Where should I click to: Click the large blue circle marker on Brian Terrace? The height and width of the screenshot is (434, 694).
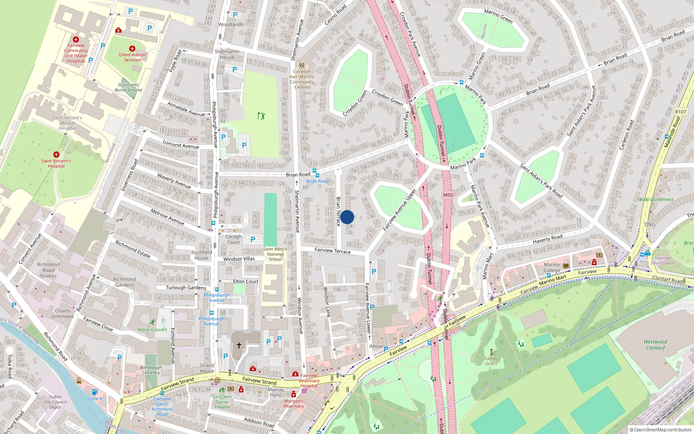pyautogui.click(x=347, y=217)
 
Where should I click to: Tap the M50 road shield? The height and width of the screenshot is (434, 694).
pyautogui.click(x=448, y=195)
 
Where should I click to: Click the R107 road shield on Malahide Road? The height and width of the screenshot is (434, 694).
pyautogui.click(x=681, y=112)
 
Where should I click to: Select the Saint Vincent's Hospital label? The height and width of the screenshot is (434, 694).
pyautogui.click(x=56, y=163)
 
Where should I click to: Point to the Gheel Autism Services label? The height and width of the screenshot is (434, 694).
pyautogui.click(x=132, y=57)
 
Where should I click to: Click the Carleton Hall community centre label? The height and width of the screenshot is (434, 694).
pyautogui.click(x=302, y=79)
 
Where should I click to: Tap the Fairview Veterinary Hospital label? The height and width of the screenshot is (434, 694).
pyautogui.click(x=309, y=381)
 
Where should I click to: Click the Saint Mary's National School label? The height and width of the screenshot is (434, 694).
pyautogui.click(x=275, y=254)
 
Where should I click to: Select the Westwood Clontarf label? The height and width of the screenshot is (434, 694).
pyautogui.click(x=655, y=345)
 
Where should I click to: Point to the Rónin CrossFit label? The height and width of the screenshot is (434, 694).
pyautogui.click(x=153, y=329)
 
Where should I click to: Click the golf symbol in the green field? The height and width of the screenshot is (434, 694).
pyautogui.click(x=261, y=116)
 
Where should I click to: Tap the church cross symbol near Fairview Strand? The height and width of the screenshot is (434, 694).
pyautogui.click(x=239, y=345)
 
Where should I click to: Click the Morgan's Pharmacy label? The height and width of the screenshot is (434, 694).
pyautogui.click(x=294, y=404)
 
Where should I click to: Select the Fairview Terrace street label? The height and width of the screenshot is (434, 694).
pyautogui.click(x=332, y=251)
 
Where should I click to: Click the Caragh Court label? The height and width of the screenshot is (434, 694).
pyautogui.click(x=233, y=239)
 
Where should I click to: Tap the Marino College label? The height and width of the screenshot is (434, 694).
pyautogui.click(x=552, y=267)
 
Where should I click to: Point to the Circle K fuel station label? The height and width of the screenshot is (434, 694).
pyautogui.click(x=95, y=398)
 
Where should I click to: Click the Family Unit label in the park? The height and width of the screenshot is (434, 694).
pyautogui.click(x=491, y=361)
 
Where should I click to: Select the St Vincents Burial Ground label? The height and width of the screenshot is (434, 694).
pyautogui.click(x=128, y=87)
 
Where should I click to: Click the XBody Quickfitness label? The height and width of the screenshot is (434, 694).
pyautogui.click(x=655, y=200)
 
